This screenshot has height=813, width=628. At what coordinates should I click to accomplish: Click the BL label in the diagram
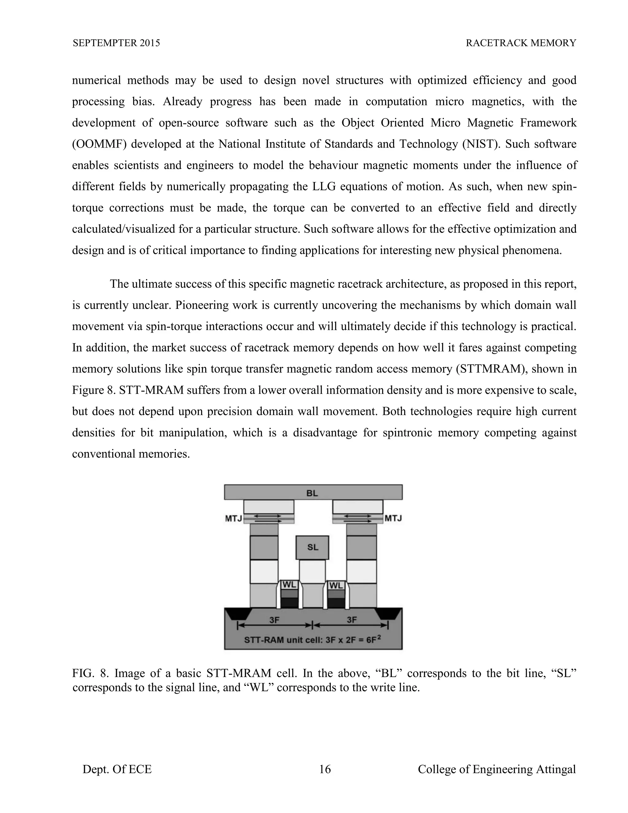pos(312,493)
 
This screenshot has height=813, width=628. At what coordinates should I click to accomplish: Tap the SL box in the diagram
pos(312,547)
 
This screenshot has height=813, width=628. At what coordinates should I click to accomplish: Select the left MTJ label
pos(234,518)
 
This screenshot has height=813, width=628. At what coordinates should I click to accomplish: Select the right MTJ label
pos(393,518)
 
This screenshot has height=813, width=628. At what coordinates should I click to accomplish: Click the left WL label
pos(289,584)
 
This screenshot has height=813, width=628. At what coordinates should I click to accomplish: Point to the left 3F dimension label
pos(274,620)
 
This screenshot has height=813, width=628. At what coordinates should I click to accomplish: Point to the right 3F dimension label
pos(352,620)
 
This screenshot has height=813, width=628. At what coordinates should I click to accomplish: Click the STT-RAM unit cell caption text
pos(312,640)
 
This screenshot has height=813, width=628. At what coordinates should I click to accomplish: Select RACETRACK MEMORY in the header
pos(521,43)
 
